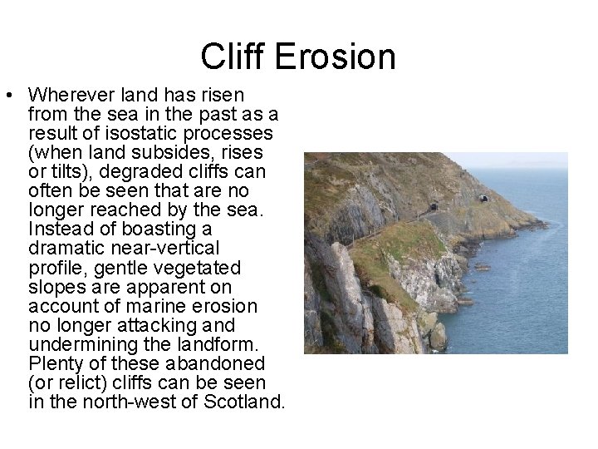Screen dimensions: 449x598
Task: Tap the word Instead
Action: click(56, 229)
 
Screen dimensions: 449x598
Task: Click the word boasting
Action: click(133, 229)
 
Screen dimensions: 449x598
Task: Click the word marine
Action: click(152, 306)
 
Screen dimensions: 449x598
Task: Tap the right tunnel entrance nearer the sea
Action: click(483, 199)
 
